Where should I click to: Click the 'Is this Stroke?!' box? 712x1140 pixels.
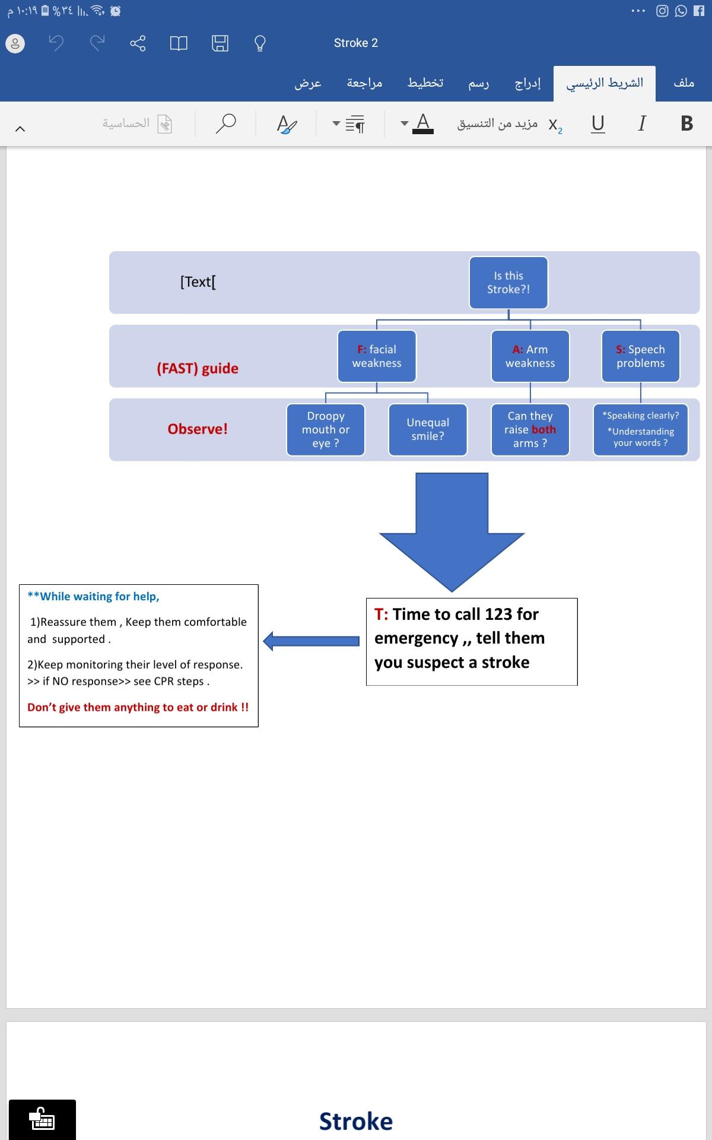[508, 283]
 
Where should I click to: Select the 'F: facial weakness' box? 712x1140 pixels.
[377, 356]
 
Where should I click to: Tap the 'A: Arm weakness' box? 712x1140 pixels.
[530, 356]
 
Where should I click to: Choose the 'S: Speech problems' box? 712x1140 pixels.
[640, 356]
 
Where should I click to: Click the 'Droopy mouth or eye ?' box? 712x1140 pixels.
[326, 430]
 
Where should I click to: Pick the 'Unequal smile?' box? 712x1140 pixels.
[428, 430]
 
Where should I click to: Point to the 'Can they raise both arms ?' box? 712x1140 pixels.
[530, 430]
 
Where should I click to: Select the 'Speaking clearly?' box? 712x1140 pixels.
[640, 430]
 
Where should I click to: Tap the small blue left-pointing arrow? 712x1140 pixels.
[311, 641]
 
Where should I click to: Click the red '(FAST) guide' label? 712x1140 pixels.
[198, 369]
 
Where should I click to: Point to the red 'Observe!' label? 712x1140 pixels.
[198, 429]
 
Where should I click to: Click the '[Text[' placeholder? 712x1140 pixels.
[198, 282]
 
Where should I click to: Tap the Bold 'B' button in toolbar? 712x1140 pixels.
[687, 123]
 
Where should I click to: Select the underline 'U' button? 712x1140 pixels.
[598, 123]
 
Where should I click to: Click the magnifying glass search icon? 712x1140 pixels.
[225, 123]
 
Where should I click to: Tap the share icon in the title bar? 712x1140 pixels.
[138, 43]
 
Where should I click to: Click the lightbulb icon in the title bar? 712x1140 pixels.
[259, 43]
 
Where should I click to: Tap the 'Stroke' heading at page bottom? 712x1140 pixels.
[356, 1122]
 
